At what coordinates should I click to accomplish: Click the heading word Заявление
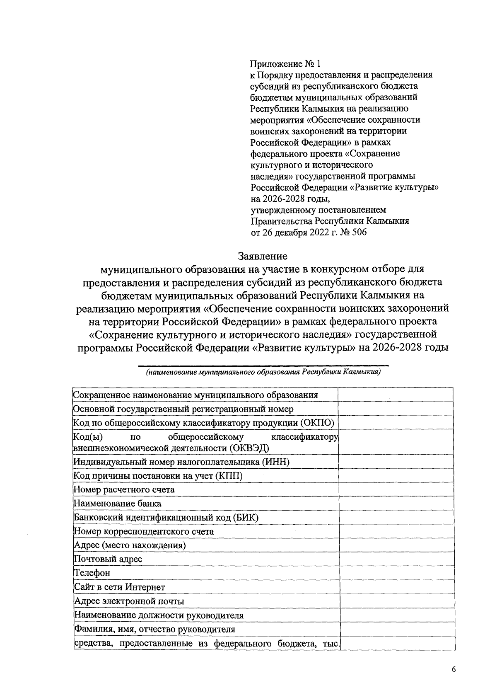[x=263, y=256]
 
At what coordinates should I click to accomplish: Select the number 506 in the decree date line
[x=359, y=232]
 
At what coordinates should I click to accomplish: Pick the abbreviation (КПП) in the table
[x=229, y=476]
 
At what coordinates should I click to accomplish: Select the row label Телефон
[x=92, y=573]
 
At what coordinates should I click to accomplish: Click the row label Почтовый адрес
[x=108, y=559]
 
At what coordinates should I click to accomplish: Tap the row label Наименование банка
[x=117, y=504]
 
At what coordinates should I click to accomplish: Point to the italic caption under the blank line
[x=263, y=372]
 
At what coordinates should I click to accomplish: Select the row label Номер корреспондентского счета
[x=144, y=531]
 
